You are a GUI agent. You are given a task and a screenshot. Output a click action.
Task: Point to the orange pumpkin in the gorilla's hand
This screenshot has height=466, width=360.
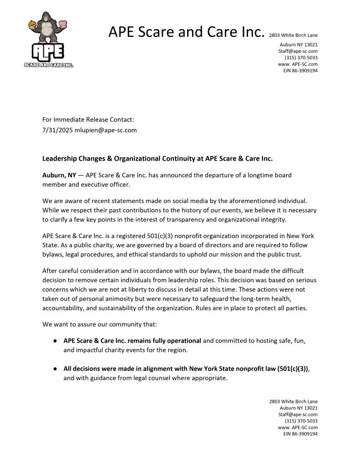[x=32, y=24]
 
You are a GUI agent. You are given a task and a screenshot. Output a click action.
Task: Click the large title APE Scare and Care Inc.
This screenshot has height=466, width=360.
[x=186, y=32]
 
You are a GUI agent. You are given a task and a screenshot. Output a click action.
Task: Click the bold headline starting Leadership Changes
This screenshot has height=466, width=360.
[x=157, y=159]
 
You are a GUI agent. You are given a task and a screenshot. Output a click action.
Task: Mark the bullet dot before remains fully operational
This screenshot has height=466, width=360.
[x=55, y=340]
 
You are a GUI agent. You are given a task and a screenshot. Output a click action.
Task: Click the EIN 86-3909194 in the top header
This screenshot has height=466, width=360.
[x=300, y=71]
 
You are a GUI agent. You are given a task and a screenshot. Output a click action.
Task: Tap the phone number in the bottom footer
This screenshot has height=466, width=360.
[x=301, y=421]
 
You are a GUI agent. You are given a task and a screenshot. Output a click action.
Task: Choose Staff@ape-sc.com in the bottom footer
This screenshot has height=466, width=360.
[x=298, y=415]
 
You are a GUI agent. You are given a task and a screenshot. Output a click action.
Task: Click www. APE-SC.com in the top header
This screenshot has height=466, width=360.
[x=298, y=64]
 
